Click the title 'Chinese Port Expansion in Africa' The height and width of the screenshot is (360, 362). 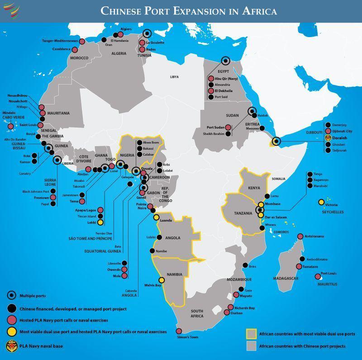(x=189, y=9)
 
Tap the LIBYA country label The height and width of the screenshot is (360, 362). (x=174, y=77)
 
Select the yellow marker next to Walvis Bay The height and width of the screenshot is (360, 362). (x=162, y=280)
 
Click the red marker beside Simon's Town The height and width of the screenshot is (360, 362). (x=179, y=331)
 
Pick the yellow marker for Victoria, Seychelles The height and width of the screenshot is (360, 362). (x=321, y=202)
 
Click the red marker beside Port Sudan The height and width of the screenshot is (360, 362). (x=229, y=127)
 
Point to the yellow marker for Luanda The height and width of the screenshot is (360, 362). (x=156, y=218)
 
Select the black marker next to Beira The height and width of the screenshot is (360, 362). (x=245, y=265)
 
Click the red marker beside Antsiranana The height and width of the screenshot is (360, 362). (x=300, y=237)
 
